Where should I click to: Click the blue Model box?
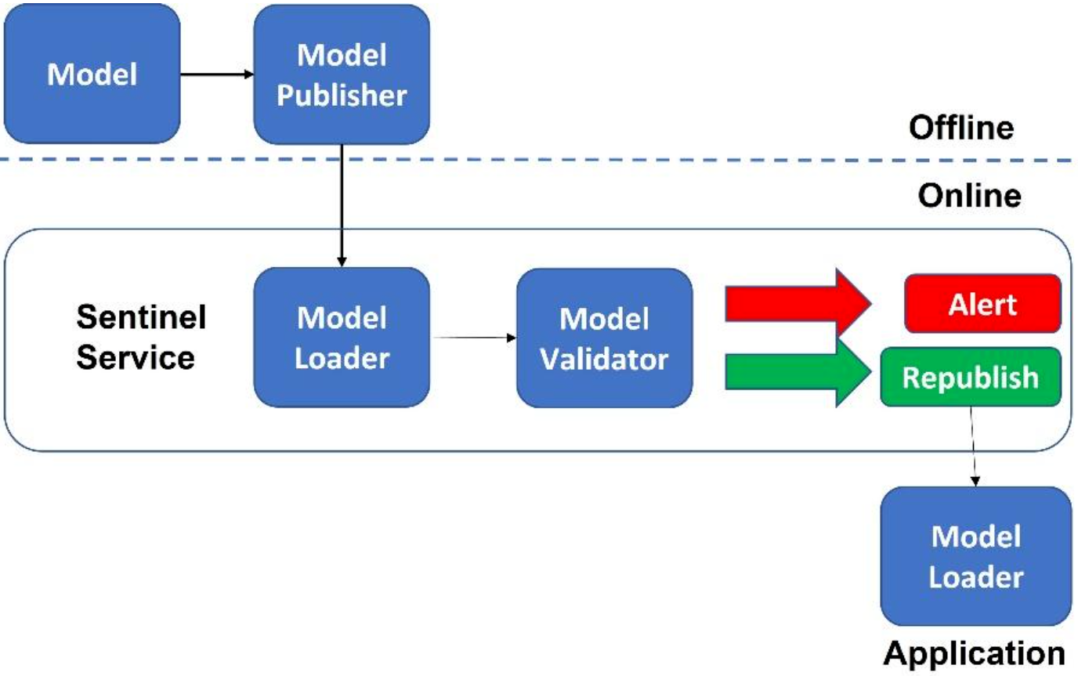coord(92,74)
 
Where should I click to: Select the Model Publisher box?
coord(342,74)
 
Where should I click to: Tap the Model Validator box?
coord(605,338)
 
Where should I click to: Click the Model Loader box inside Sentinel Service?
coord(342,338)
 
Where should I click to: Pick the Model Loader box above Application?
coord(975,556)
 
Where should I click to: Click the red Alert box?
coord(982,304)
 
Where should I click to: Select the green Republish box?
coord(971,378)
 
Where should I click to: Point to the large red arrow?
coord(798,303)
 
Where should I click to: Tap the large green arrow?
coord(798,371)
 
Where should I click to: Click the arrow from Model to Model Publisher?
coord(217,74)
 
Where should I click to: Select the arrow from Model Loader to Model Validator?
coord(473,338)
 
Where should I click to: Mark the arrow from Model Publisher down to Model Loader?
coord(342,205)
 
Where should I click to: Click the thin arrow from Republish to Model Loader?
coord(973,446)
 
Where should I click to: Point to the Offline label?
coord(961,128)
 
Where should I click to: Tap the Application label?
coord(974,653)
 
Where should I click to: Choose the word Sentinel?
coord(141,316)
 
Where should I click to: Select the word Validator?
coord(604,359)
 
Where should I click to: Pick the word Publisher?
coord(342,95)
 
